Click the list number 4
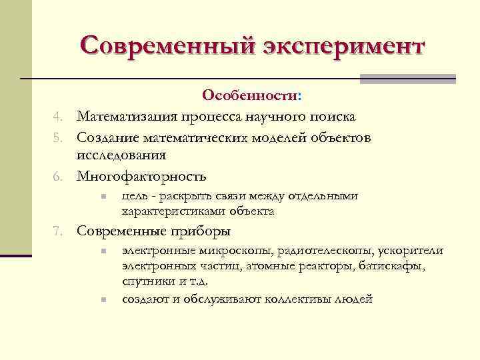(x=59, y=117)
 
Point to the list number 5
(x=59, y=137)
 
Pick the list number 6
(x=59, y=177)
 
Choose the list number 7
(x=59, y=232)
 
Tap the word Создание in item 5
(x=106, y=137)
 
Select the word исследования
(x=121, y=155)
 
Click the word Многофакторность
(x=141, y=177)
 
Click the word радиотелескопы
(x=319, y=251)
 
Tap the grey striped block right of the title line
(x=407, y=78)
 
